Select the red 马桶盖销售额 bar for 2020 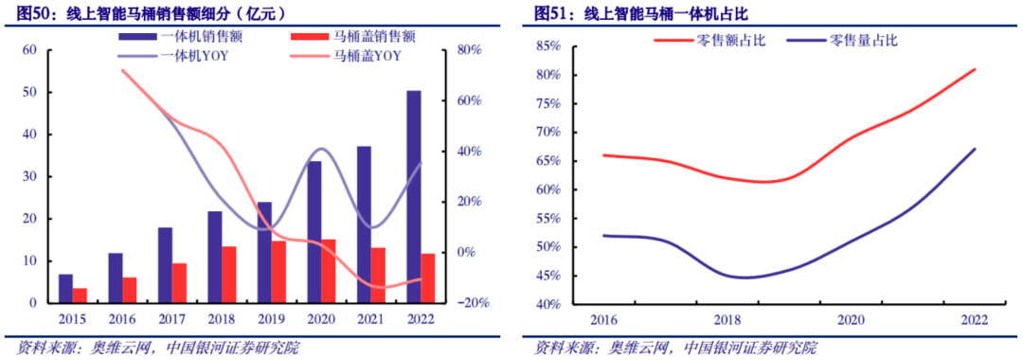pyautogui.click(x=328, y=271)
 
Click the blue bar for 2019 pyautogui.click(x=264, y=252)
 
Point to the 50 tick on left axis pyautogui.click(x=30, y=92)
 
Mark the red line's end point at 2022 pyautogui.click(x=975, y=69)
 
